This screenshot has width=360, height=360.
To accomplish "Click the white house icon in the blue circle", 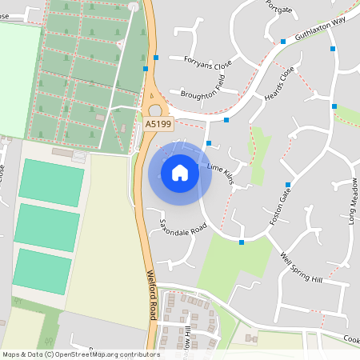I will coord(180,172).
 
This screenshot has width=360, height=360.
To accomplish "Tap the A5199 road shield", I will coord(158,124).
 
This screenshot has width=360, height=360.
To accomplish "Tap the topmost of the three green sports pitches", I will coord(51,182).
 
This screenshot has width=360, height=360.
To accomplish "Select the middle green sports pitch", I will coord(48,226).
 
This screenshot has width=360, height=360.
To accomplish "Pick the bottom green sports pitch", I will coord(42,270).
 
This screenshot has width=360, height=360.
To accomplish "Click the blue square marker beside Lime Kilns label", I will coord(209,143).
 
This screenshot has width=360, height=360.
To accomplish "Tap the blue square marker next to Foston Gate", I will coord(287,185).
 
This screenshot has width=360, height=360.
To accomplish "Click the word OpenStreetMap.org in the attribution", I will coord(94,354).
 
